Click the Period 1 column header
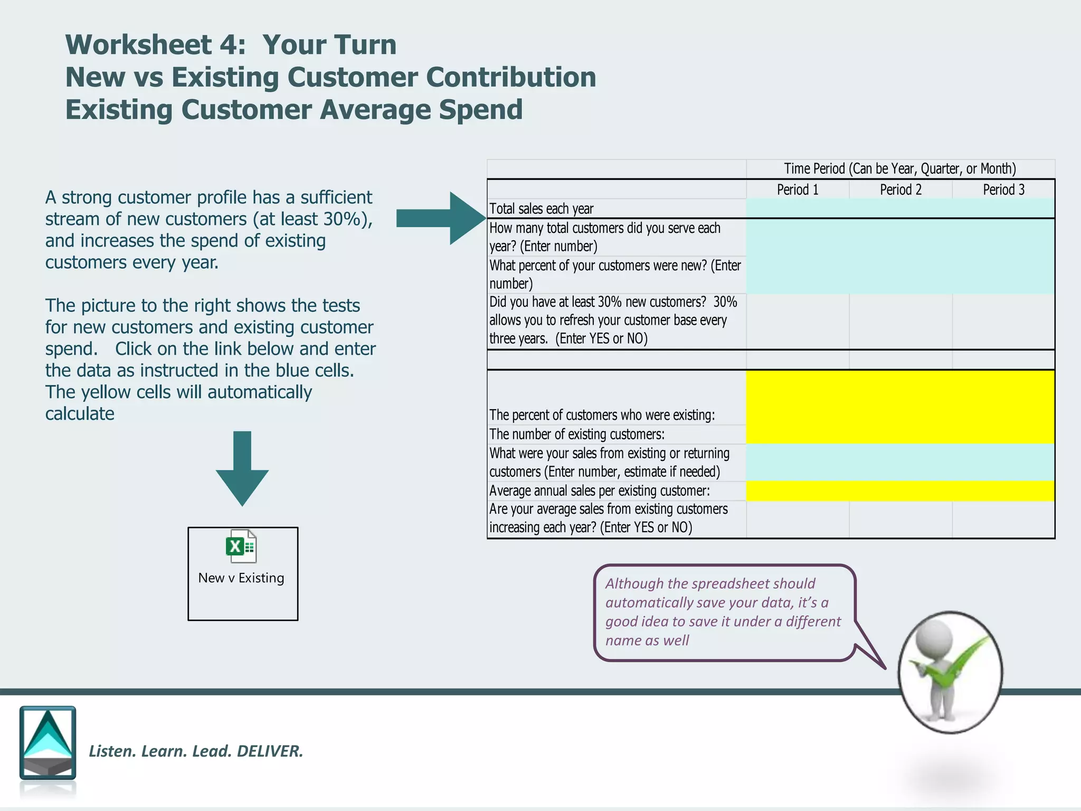coord(797,190)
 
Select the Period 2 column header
coord(900,190)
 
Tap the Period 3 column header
coord(1003,190)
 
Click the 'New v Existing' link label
coord(241,578)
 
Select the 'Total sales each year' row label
coord(541,209)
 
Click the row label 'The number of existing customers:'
coord(576,434)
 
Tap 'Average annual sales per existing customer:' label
coord(599,491)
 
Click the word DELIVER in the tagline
coord(270,751)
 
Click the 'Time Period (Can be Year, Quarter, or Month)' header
coord(899,168)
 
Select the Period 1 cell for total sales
coord(797,209)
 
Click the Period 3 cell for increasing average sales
coord(1003,519)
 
